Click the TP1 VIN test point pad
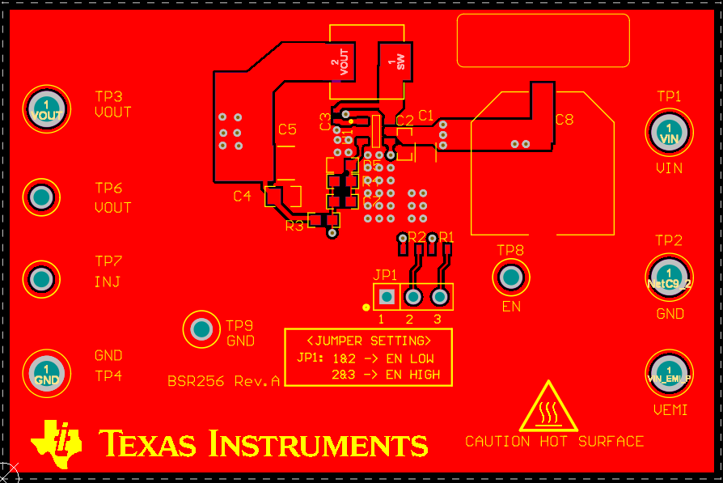(x=669, y=131)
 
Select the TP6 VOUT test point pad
(x=41, y=197)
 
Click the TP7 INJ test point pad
(x=41, y=279)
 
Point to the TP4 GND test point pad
(x=47, y=372)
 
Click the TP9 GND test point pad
(x=201, y=329)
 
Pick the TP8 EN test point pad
(x=510, y=278)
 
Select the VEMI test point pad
(x=669, y=371)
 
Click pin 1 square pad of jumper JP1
(x=387, y=298)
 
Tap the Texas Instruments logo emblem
(x=57, y=443)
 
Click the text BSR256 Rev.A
(x=223, y=381)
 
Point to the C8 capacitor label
(x=564, y=120)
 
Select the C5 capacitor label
(x=287, y=129)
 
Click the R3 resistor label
(x=294, y=226)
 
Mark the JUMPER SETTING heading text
(x=368, y=340)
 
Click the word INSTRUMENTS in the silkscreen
(x=318, y=444)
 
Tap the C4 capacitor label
(x=243, y=196)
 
